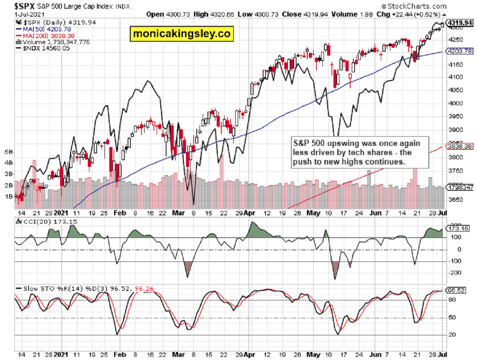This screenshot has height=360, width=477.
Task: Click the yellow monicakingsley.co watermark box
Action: [x=182, y=34]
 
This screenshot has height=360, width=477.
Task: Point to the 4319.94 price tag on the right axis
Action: [x=460, y=23]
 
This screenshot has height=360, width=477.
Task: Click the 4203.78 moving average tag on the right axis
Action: [x=460, y=51]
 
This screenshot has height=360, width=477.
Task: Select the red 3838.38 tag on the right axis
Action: [x=460, y=146]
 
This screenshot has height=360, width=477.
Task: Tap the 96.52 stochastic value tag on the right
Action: [x=456, y=290]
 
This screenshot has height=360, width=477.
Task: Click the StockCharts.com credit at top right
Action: [x=416, y=6]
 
